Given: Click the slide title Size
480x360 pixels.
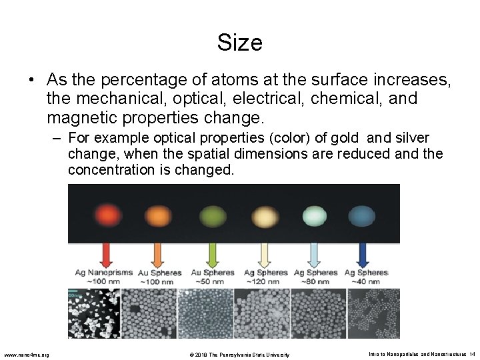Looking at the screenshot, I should [239, 43].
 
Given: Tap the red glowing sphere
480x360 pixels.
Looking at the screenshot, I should [106, 215].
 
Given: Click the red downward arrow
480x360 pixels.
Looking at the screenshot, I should [106, 255].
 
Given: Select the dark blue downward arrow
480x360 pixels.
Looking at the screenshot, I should [363, 255].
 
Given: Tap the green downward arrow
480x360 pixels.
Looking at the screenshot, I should [213, 255].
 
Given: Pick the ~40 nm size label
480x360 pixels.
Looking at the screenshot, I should [365, 281].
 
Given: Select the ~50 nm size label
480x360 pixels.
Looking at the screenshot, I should [213, 281].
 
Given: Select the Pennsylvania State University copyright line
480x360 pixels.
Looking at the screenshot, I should [240, 354].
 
